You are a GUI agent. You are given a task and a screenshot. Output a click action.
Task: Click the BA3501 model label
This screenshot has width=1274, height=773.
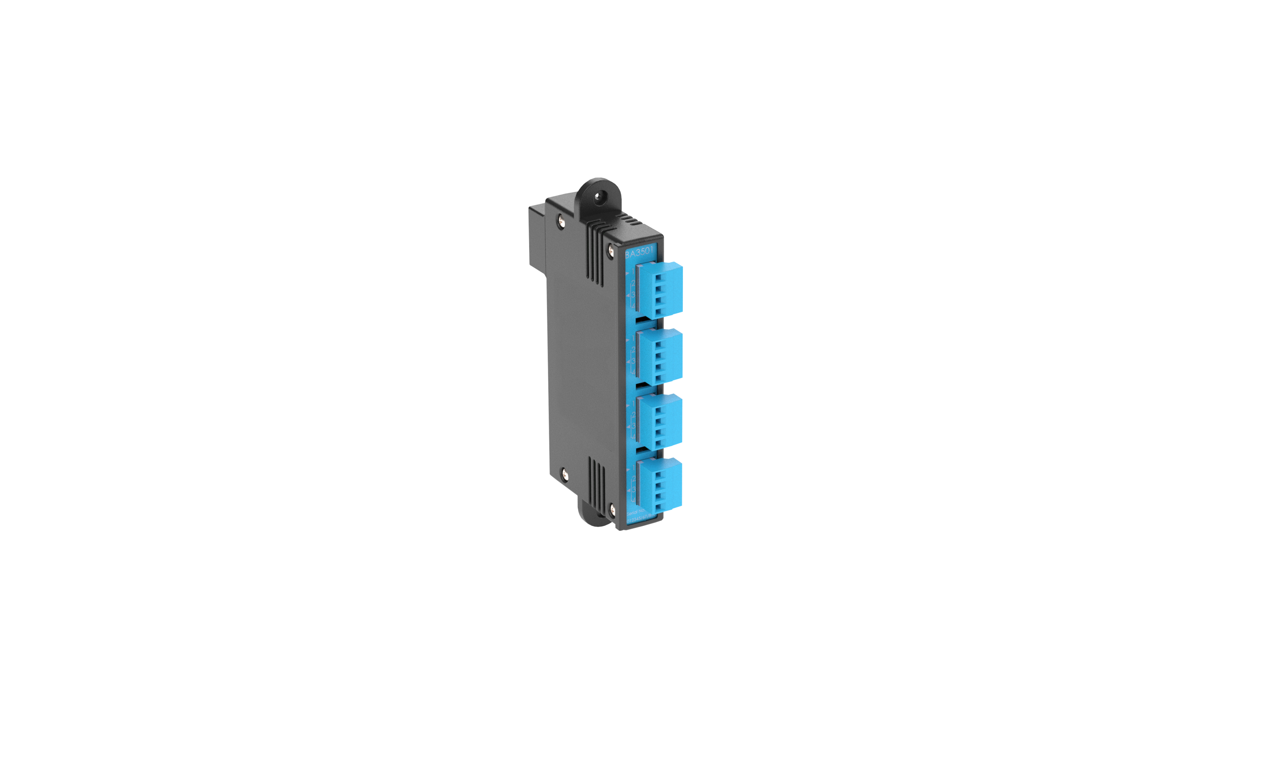(x=639, y=253)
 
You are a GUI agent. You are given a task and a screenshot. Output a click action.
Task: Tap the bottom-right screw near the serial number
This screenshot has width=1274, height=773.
(x=613, y=510)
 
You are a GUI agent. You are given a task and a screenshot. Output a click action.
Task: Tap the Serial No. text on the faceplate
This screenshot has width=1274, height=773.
(x=635, y=511)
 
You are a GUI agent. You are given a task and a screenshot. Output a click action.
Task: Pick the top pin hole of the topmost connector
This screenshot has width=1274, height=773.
(x=658, y=278)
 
